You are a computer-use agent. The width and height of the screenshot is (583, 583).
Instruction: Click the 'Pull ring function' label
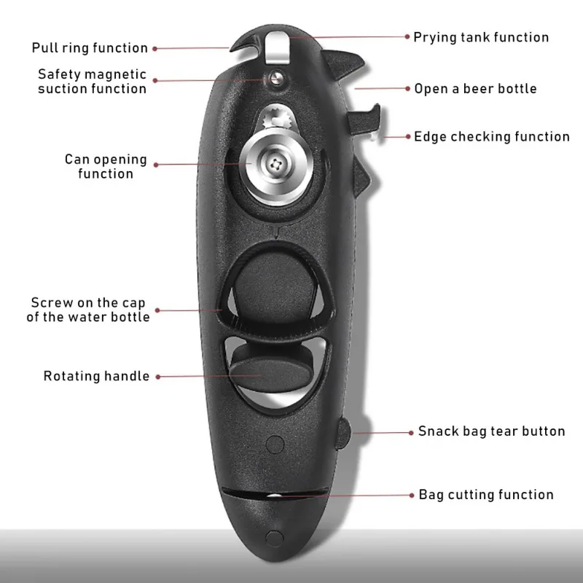[x=90, y=48]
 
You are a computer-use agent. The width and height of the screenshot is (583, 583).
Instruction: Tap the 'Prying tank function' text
[x=481, y=37]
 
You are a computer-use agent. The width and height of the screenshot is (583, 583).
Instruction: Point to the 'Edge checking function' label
[x=492, y=136]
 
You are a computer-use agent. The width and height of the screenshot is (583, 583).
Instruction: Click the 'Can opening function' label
[x=106, y=166]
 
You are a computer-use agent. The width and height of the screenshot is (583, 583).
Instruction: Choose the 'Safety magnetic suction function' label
[x=92, y=82]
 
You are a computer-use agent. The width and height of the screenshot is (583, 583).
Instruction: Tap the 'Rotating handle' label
[x=96, y=376]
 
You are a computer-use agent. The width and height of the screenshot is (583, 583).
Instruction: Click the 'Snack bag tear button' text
[x=491, y=431]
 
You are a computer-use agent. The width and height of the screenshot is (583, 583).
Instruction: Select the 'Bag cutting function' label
[x=486, y=495]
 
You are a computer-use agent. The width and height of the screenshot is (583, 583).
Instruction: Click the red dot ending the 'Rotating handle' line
[x=157, y=377]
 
